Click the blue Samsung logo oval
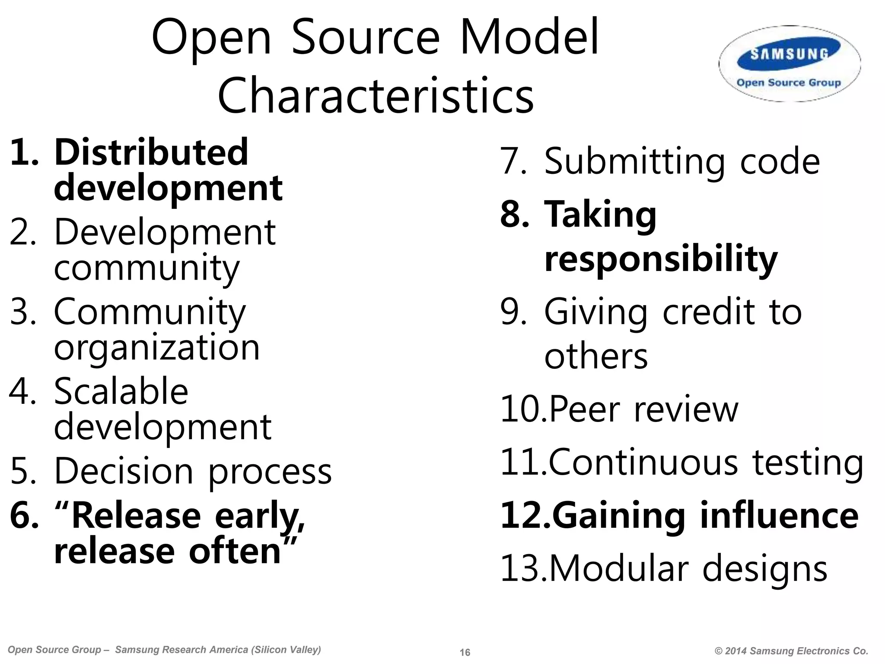coord(789,54)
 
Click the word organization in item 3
coord(156,348)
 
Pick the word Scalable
coord(121,391)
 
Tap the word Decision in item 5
coord(124,471)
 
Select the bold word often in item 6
coord(235,552)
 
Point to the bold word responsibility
coord(661,259)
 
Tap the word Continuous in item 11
coord(643,463)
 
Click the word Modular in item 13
coord(618,568)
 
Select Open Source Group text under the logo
coord(789,83)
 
